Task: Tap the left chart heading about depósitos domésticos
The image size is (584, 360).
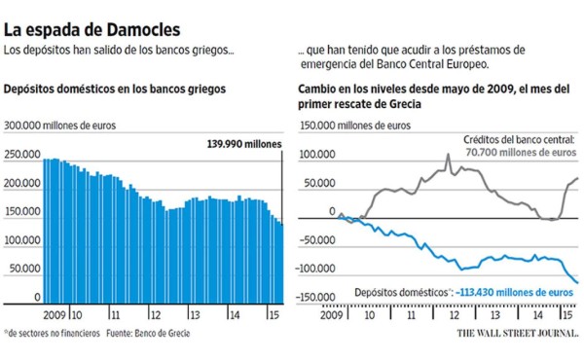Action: pyautogui.click(x=115, y=89)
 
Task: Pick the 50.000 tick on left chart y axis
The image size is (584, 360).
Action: pyautogui.click(x=26, y=268)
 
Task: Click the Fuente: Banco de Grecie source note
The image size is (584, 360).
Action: pyautogui.click(x=151, y=333)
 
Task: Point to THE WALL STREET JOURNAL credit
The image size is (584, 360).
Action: pyautogui.click(x=517, y=333)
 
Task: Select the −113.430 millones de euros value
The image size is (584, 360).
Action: pyautogui.click(x=512, y=291)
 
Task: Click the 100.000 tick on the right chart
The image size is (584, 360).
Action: pyautogui.click(x=316, y=155)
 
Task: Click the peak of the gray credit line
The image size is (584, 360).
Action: pyautogui.click(x=449, y=154)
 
